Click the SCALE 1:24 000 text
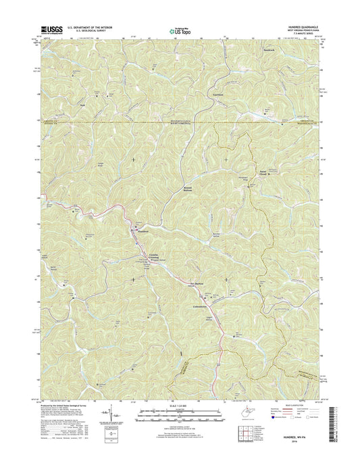[x=179, y=408]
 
